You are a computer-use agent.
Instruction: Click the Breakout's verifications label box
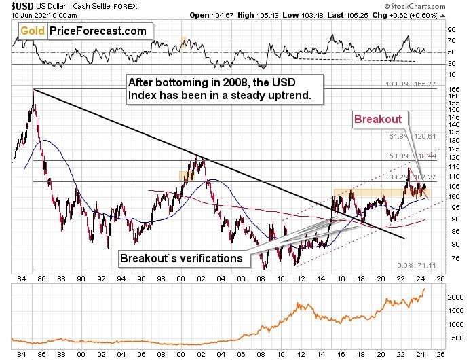[182, 258]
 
